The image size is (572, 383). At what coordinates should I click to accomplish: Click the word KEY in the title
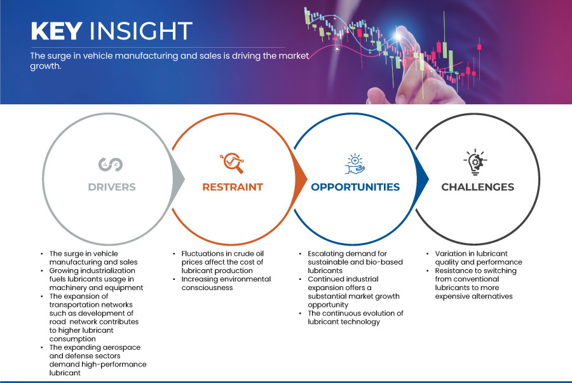[57, 31]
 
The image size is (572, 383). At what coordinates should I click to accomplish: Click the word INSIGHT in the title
[141, 31]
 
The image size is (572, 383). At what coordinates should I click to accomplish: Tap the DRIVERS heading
[112, 187]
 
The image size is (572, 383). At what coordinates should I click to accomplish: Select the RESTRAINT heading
[233, 187]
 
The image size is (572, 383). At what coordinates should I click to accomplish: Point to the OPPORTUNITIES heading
[355, 187]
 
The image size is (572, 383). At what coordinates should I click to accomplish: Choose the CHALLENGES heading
[477, 187]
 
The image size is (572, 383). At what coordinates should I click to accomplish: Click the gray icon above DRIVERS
[111, 164]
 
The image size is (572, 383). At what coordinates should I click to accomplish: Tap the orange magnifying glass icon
[232, 163]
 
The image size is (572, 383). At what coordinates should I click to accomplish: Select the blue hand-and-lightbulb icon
[355, 164]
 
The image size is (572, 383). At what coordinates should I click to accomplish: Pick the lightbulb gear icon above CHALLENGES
[475, 162]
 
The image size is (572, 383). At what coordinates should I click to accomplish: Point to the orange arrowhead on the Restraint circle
[301, 179]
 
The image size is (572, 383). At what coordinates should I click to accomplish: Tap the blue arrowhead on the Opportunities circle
[423, 179]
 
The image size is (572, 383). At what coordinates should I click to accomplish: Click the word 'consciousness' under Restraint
[207, 288]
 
